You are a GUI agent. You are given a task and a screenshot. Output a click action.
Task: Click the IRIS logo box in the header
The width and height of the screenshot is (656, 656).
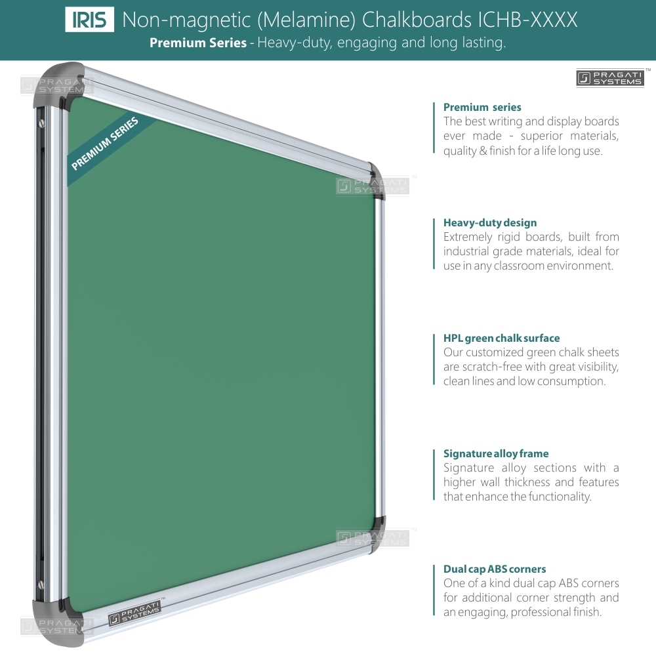tap(89, 20)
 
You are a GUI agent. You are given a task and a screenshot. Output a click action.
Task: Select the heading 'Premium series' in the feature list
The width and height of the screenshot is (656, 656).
tap(482, 107)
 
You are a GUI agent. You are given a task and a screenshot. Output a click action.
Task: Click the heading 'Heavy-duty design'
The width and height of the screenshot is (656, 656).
tap(490, 222)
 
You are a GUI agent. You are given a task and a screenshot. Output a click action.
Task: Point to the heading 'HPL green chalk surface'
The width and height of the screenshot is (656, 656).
tap(501, 338)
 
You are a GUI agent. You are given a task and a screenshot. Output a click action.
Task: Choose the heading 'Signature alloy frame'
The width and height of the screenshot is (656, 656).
tap(496, 453)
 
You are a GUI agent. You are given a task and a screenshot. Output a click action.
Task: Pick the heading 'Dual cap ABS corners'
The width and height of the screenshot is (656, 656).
tap(495, 569)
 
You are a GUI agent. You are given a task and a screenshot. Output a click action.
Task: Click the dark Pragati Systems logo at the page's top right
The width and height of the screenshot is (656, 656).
tap(610, 78)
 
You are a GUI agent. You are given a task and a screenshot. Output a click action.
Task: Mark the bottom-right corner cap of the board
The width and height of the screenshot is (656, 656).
tap(375, 535)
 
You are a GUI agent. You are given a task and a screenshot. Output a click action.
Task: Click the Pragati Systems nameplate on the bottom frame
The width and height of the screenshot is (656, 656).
tap(134, 614)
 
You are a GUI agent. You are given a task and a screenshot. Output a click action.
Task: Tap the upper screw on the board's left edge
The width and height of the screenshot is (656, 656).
tap(41, 123)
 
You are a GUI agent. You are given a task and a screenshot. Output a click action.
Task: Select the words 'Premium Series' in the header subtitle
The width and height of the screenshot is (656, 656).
tap(198, 43)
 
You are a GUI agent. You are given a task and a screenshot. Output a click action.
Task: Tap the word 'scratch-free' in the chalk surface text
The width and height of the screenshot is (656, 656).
tap(486, 367)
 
